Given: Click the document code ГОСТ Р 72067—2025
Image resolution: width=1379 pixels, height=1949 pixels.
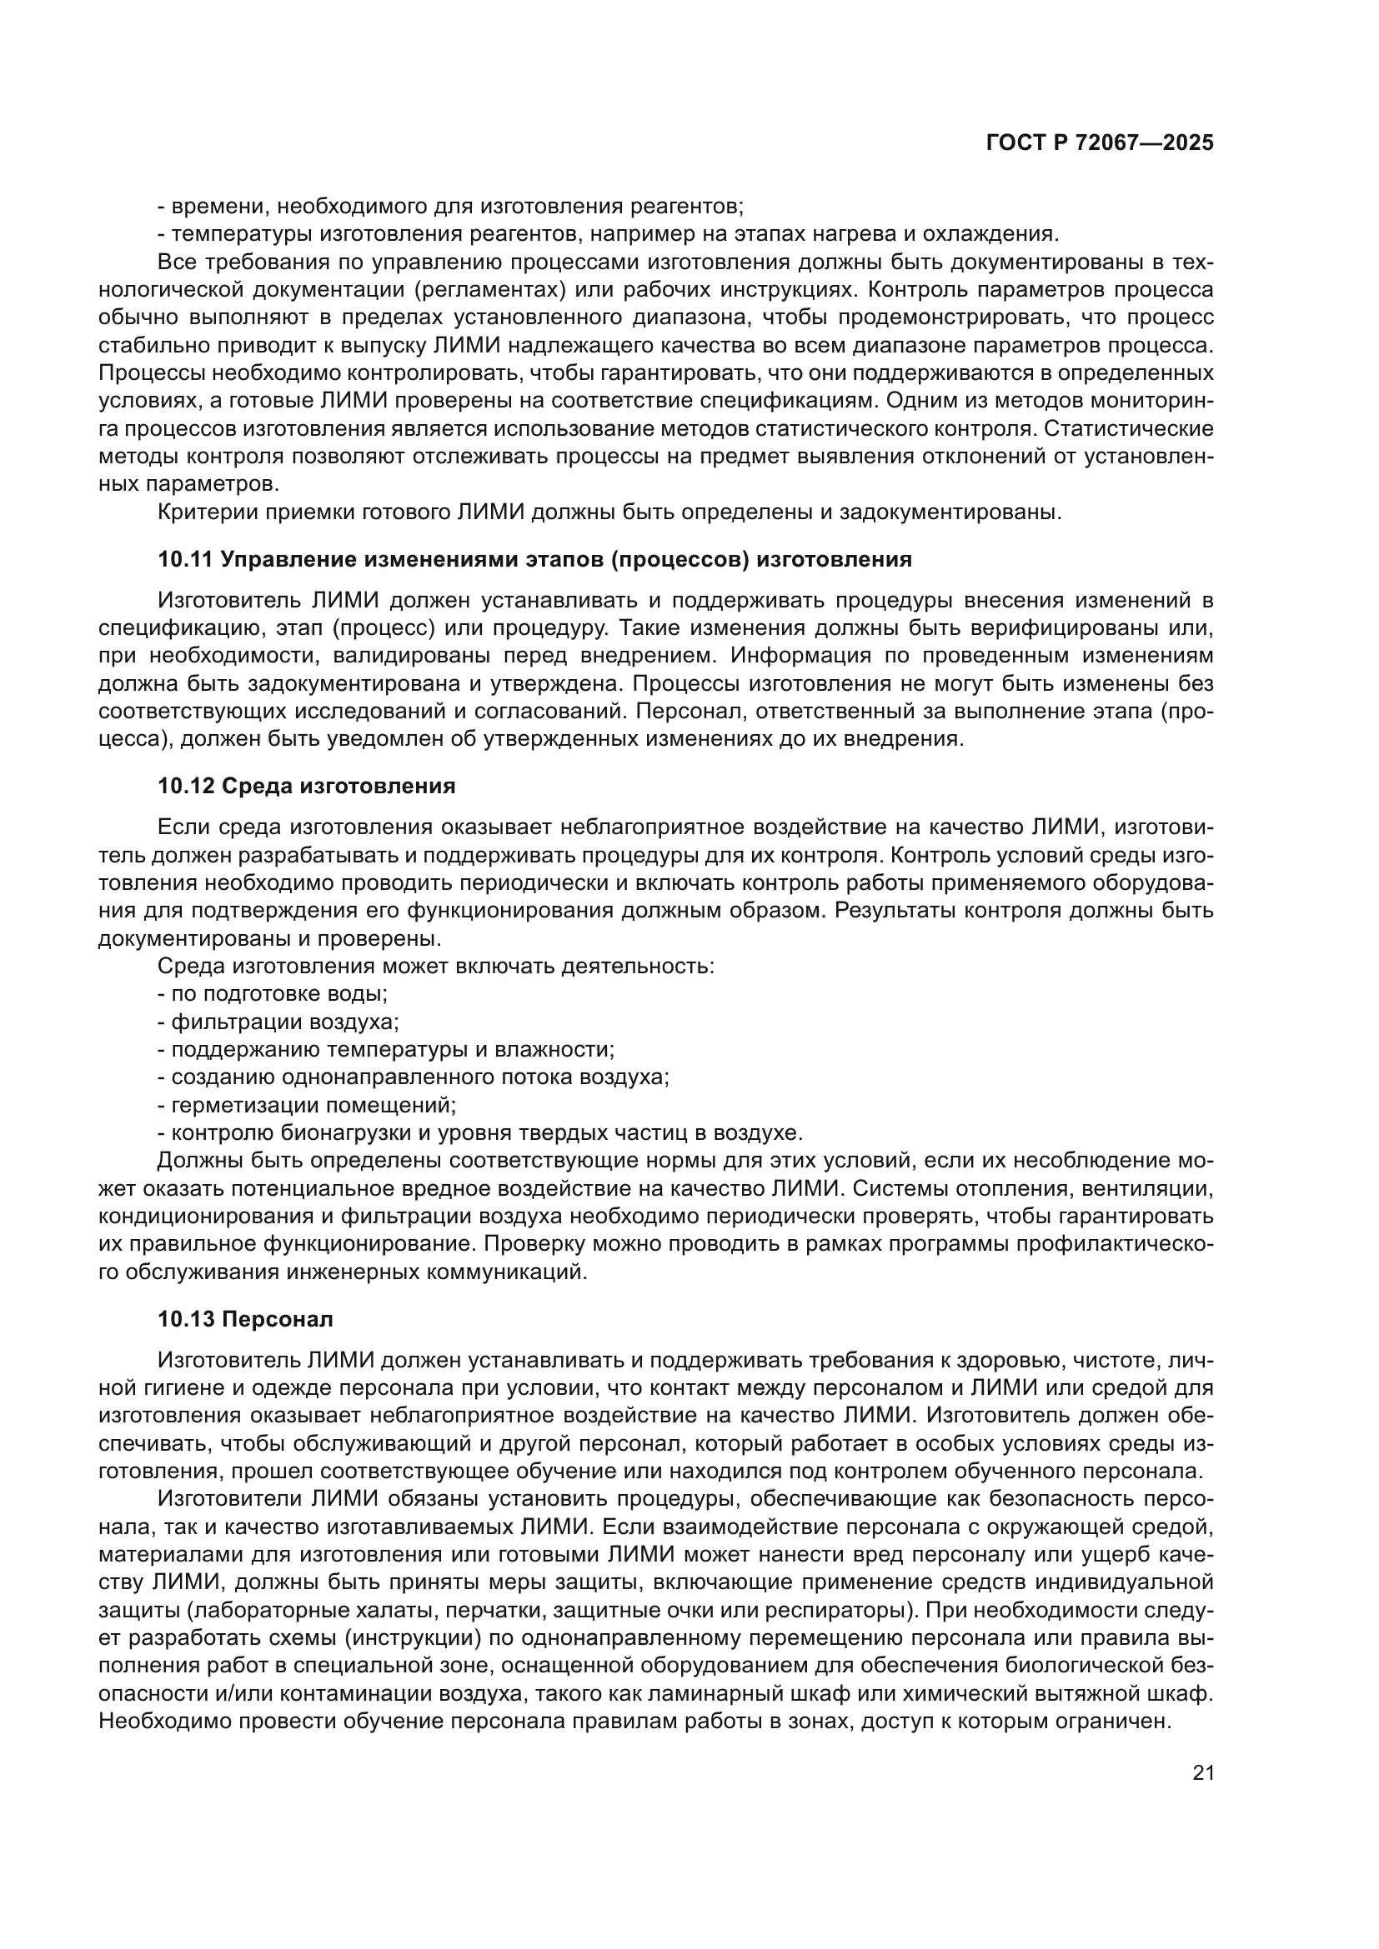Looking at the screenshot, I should coord(1099,142).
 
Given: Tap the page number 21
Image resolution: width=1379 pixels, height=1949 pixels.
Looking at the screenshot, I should coord(1202,1773).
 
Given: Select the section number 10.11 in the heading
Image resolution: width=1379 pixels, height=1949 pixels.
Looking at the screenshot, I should coord(185,559).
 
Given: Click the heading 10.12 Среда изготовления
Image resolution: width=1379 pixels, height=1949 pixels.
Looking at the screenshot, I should coord(307,786).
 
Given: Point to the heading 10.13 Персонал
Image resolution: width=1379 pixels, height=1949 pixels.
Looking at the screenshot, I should coord(245,1319).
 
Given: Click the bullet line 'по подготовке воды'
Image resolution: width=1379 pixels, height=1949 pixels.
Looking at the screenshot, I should coord(273,993).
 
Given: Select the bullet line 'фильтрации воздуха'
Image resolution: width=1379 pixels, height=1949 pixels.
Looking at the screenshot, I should coord(278,1022).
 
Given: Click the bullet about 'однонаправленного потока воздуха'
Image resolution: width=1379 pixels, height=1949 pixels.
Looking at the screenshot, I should coord(414,1077).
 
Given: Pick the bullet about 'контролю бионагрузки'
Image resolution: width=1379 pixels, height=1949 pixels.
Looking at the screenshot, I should coord(479,1133).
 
